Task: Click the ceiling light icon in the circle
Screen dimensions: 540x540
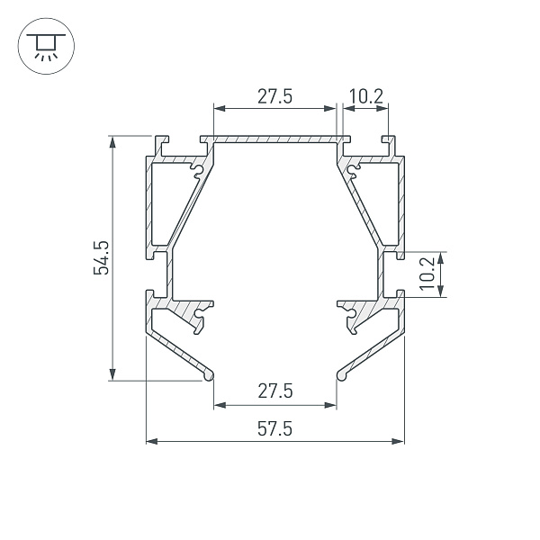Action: click(46, 47)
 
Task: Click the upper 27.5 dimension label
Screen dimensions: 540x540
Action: click(274, 96)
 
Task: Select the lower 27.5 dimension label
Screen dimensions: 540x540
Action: click(275, 391)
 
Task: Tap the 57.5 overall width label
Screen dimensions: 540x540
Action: click(274, 429)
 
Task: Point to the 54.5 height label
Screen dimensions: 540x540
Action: click(101, 258)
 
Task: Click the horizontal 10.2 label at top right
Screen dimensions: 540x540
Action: click(366, 96)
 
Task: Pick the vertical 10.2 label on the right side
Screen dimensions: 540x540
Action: click(427, 274)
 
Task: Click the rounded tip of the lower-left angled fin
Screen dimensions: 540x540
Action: click(209, 376)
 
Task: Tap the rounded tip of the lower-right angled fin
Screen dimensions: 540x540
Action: click(341, 376)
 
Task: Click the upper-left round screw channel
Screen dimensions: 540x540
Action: click(198, 170)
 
